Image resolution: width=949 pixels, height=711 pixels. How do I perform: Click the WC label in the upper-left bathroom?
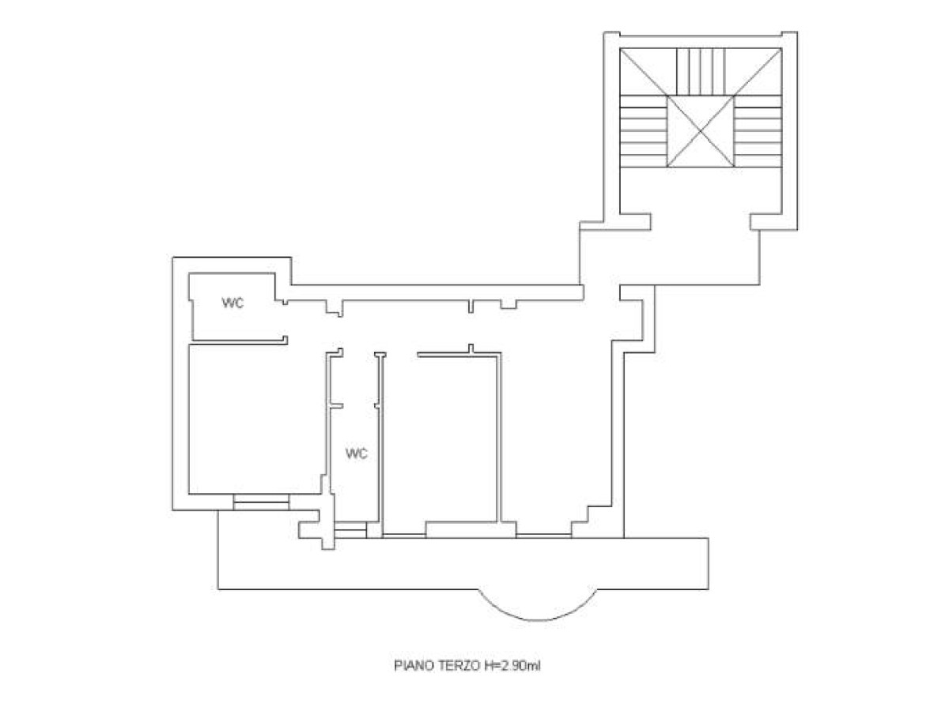[233, 303]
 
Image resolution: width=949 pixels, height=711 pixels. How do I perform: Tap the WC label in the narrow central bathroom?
[356, 453]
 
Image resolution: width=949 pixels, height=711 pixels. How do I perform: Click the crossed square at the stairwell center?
[701, 131]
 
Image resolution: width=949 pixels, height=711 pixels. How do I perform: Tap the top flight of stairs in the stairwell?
[701, 72]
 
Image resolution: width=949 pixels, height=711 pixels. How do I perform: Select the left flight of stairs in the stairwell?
[643, 131]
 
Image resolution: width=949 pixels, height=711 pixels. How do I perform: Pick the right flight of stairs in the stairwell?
[758, 131]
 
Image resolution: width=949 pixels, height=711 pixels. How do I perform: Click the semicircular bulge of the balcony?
[537, 620]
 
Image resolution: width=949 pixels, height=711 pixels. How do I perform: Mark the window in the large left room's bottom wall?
[261, 502]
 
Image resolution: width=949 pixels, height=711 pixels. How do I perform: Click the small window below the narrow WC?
[350, 530]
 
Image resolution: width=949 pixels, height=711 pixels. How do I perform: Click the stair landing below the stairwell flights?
[701, 190]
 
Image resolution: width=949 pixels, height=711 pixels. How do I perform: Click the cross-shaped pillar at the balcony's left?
[317, 522]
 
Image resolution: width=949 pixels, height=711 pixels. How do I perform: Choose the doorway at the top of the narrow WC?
[359, 355]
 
